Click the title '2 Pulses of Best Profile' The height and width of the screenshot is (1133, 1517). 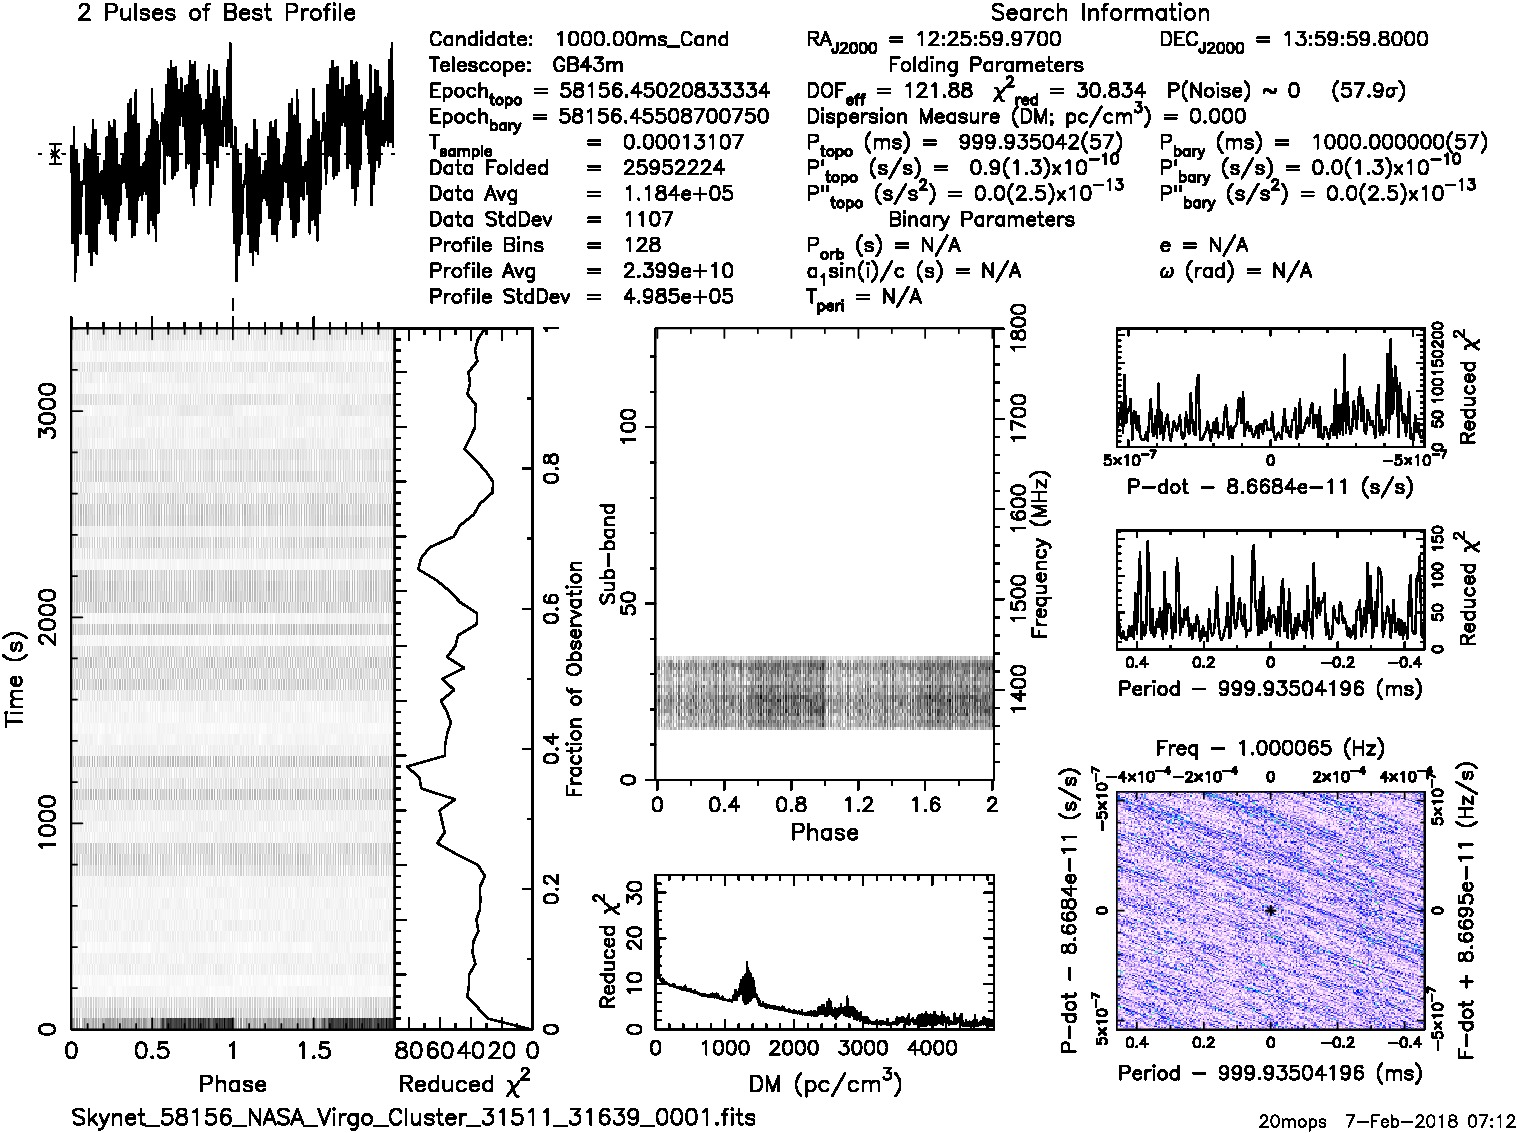216,13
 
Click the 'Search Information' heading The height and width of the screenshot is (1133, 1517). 1099,13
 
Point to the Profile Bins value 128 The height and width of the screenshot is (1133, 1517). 641,245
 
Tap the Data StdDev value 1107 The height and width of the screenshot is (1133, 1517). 648,219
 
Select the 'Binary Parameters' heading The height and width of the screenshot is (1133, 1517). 981,219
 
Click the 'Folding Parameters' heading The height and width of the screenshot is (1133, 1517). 985,65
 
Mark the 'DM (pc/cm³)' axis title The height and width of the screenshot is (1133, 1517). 824,1084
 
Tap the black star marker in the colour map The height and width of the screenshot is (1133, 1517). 1270,910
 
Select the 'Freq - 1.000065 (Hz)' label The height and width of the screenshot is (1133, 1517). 1269,748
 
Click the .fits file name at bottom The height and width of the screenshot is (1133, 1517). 413,1117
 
